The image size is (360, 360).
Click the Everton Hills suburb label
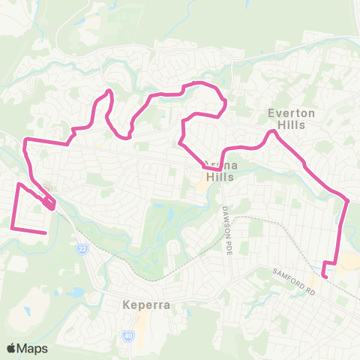pyautogui.click(x=286, y=119)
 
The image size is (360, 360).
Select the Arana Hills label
pyautogui.click(x=218, y=172)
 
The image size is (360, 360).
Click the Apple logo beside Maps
pyautogui.click(x=11, y=348)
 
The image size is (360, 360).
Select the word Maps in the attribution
pyautogui.click(x=33, y=348)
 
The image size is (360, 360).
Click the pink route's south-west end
pyautogui.click(x=46, y=233)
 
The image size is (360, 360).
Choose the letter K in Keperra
pyautogui.click(x=126, y=306)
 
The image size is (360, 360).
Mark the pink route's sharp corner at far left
pyautogui.click(x=25, y=140)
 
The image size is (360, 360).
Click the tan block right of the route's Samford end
pyautogui.click(x=348, y=261)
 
